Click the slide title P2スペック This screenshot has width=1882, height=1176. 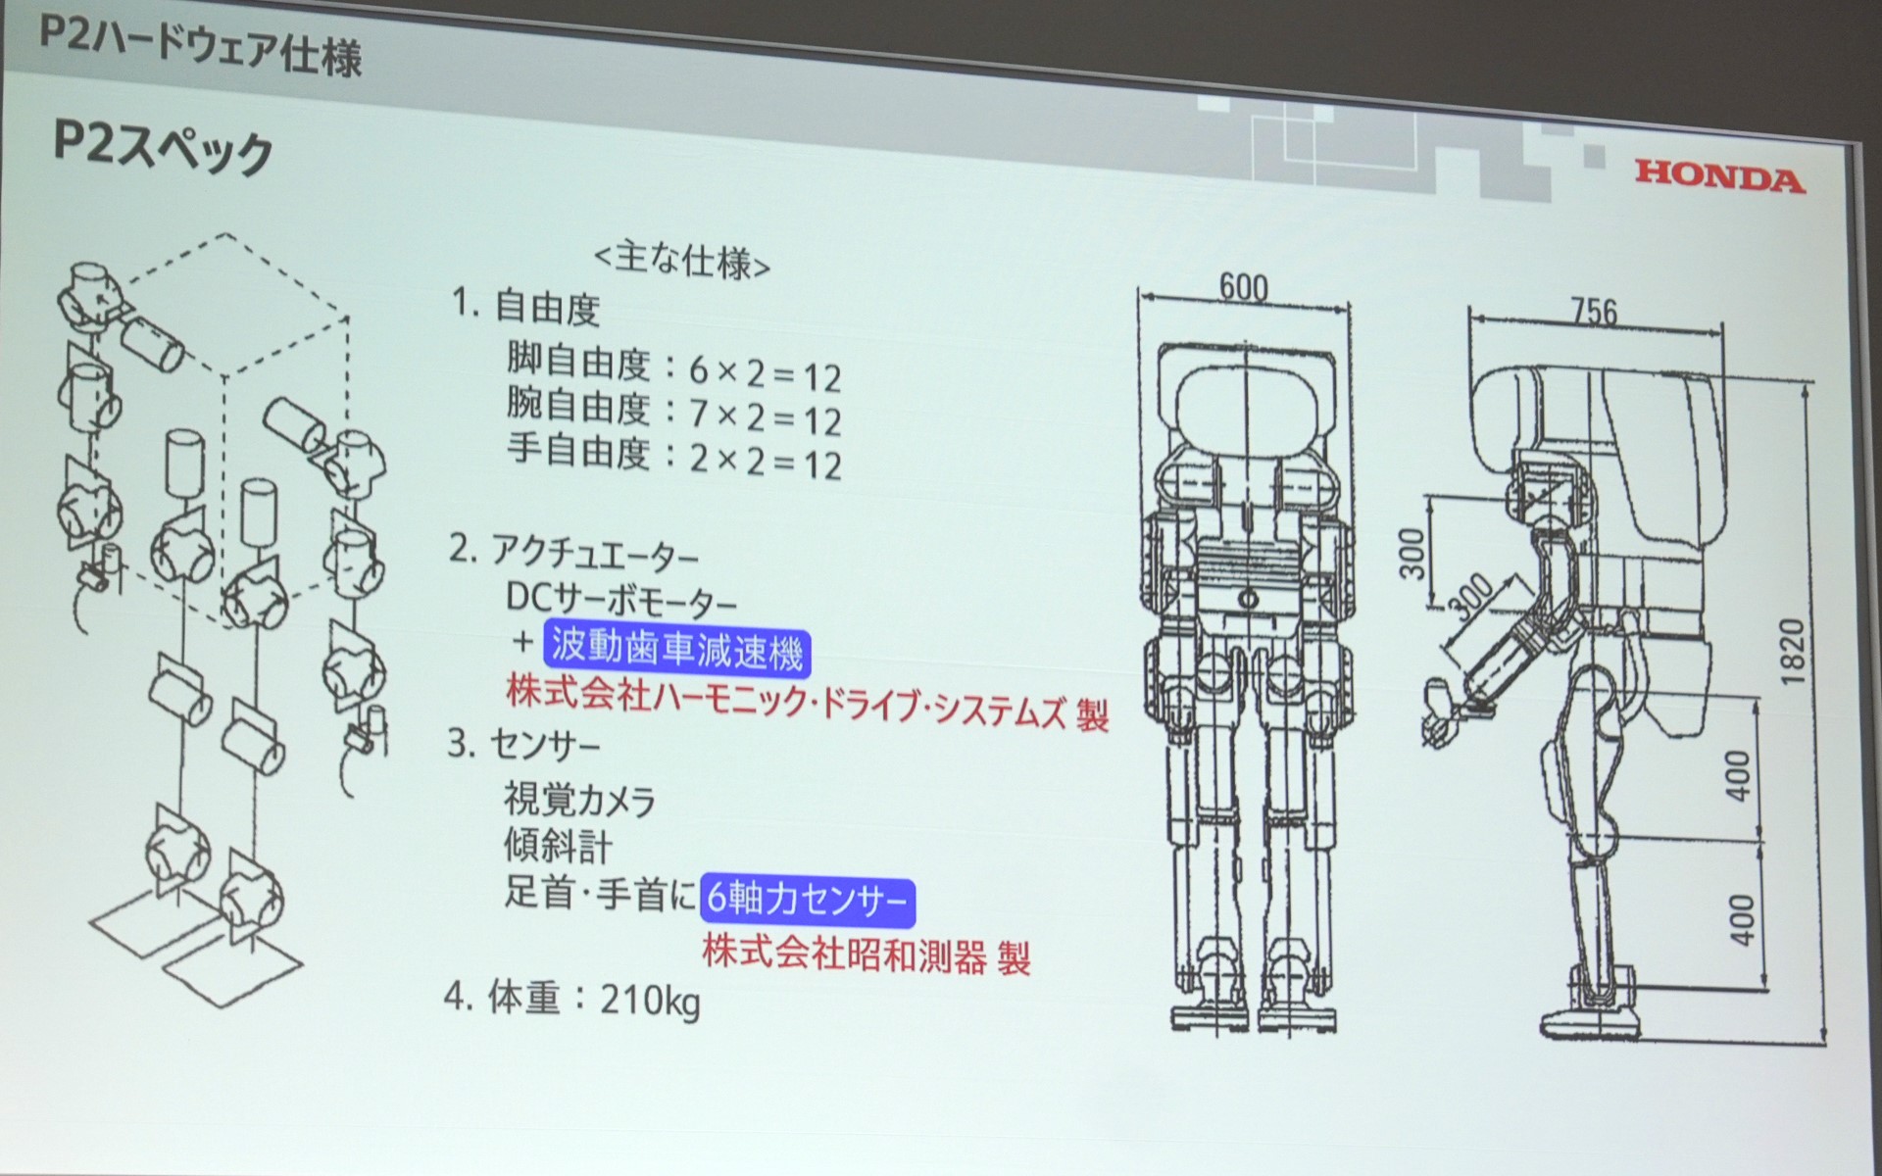162,150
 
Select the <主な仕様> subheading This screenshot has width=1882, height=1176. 682,261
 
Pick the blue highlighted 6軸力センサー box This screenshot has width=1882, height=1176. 807,900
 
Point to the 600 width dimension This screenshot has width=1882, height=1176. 1243,287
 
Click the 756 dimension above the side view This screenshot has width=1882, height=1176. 1594,312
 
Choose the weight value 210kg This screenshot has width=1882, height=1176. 650,1002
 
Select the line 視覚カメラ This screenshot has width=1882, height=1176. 579,800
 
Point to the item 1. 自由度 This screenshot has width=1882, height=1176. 525,308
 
